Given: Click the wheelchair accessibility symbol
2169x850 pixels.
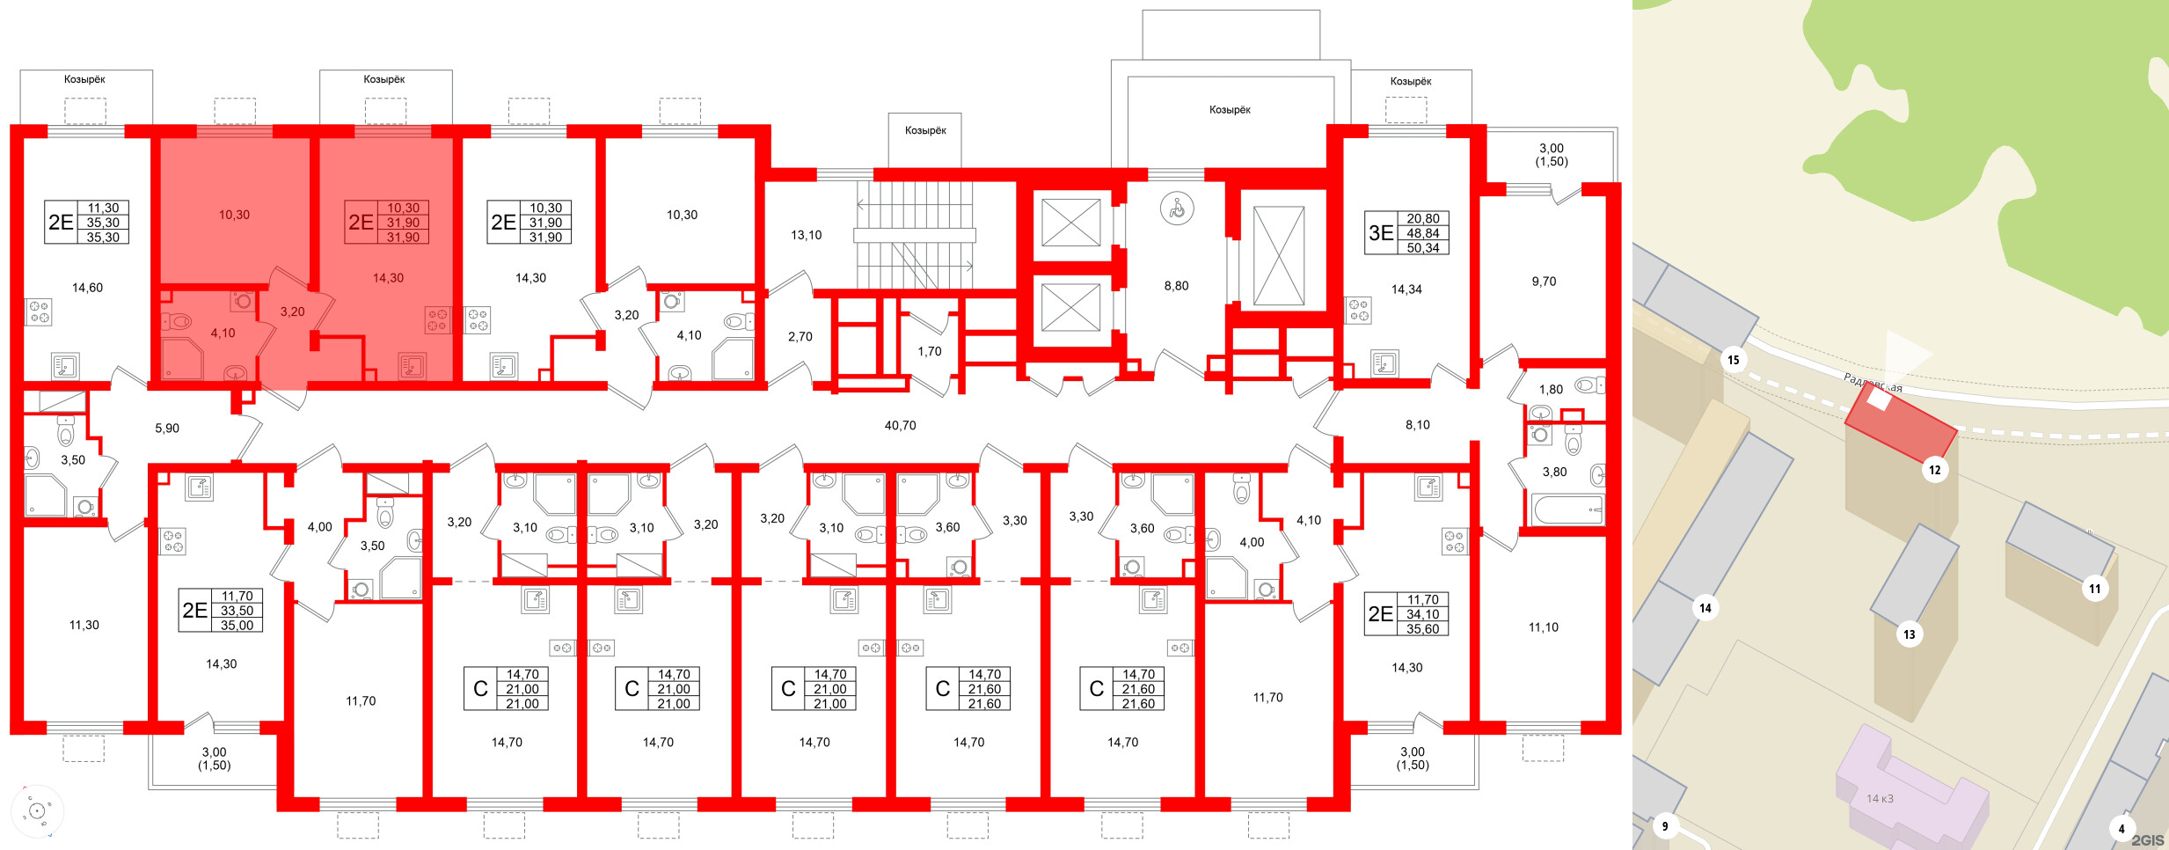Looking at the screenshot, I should (1177, 209).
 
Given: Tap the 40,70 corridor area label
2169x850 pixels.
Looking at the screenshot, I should (900, 426).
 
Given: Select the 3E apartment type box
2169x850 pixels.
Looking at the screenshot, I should (1406, 233).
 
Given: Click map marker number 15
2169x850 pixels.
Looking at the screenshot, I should (1733, 360).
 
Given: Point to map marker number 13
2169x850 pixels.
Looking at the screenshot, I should (1909, 634).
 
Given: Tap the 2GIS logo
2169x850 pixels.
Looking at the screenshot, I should (2147, 840).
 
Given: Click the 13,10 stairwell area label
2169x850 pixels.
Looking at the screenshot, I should (806, 235).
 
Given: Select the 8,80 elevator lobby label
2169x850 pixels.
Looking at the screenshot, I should (1176, 286).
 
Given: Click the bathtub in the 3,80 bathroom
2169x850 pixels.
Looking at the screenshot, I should (1567, 509).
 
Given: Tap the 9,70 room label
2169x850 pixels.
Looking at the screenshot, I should (1544, 282).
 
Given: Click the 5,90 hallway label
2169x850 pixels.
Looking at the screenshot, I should (167, 429).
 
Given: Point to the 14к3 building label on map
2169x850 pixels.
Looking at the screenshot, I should (1880, 799).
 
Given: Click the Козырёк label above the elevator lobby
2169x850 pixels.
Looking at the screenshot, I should (1230, 110).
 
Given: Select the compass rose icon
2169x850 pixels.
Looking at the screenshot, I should (37, 811).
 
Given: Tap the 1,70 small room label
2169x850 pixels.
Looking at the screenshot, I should (929, 351).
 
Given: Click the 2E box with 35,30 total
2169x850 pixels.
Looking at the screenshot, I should (87, 223).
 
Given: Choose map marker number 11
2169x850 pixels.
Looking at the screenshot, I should (2094, 590).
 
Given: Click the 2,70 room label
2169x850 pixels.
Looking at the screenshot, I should (800, 337).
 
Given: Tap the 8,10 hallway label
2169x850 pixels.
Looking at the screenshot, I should (1417, 425).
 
